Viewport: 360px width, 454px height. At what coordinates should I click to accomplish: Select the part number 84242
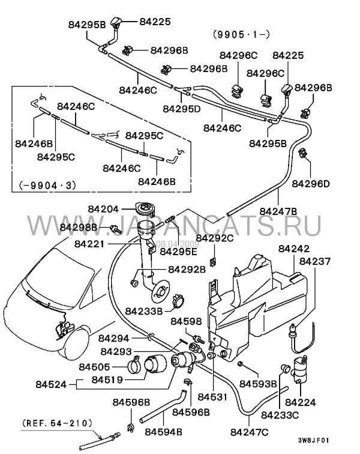pyautogui.click(x=294, y=249)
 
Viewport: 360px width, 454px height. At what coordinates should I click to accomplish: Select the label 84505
pyautogui.click(x=95, y=366)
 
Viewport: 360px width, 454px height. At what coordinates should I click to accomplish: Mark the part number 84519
pyautogui.click(x=107, y=380)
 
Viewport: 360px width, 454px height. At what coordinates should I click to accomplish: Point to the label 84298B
pyautogui.click(x=78, y=228)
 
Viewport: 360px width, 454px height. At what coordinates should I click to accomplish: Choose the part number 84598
pyautogui.click(x=186, y=322)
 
